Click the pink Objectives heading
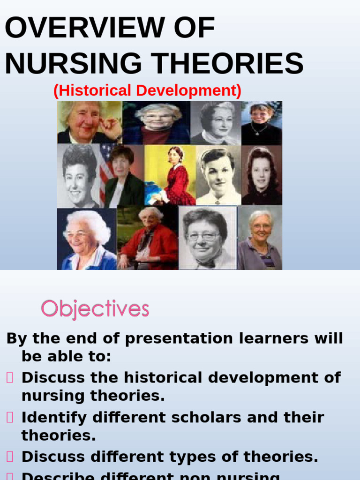tap(95, 309)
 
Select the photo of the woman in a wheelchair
tap(148, 239)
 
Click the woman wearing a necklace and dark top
tap(261, 123)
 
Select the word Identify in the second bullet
tap(54, 417)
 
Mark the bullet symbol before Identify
tap(10, 417)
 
